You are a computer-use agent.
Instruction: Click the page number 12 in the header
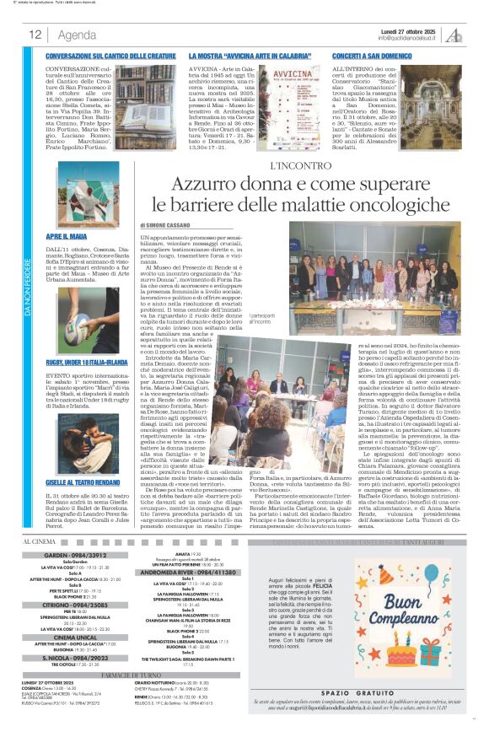coord(36,35)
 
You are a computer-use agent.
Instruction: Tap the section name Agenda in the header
coord(77,35)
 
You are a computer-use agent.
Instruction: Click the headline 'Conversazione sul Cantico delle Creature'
coord(111,55)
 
